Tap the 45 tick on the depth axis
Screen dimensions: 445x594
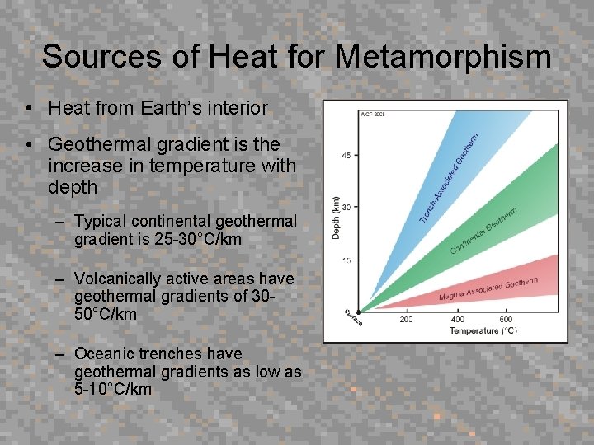pos(346,154)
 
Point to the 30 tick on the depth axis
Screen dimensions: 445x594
pos(346,207)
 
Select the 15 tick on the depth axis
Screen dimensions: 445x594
pos(346,260)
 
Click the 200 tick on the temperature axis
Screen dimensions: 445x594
pos(407,319)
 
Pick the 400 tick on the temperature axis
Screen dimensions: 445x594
pos(457,319)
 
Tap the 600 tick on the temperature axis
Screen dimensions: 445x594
pos(507,319)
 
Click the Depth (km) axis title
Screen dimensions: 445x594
pos(335,218)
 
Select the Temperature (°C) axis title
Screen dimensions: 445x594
pos(483,330)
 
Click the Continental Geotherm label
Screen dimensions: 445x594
pos(483,231)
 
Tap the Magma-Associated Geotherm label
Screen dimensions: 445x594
pos(488,288)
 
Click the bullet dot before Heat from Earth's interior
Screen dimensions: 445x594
pos(29,109)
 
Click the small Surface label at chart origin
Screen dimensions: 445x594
pos(353,317)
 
